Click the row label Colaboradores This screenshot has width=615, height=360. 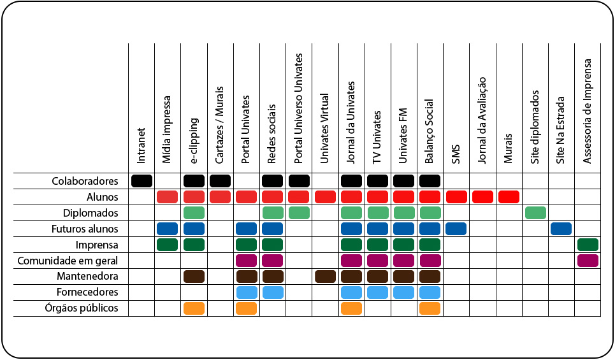(85, 181)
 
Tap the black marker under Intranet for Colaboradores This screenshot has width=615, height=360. (141, 180)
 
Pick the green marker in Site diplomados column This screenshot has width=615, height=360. (535, 212)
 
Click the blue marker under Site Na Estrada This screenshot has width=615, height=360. (561, 228)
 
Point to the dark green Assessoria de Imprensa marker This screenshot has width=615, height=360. (588, 244)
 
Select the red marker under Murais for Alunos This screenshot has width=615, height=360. (509, 196)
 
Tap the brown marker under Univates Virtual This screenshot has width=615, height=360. (325, 276)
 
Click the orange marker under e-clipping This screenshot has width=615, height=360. (194, 308)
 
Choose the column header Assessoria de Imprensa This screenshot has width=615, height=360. (588, 112)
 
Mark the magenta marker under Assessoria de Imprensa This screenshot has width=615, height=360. (588, 260)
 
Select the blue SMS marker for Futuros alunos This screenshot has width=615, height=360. (456, 228)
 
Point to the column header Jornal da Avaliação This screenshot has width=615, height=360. (482, 120)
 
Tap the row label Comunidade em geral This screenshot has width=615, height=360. (68, 261)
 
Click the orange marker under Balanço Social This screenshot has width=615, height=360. (430, 308)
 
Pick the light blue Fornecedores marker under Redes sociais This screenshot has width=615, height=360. (272, 292)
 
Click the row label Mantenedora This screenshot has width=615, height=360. (91, 277)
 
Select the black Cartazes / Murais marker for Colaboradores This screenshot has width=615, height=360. (220, 180)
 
